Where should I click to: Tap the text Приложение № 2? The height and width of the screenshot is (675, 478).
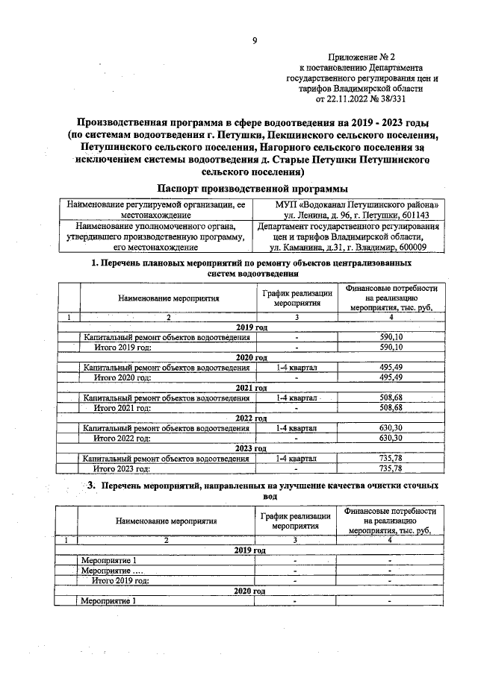pyautogui.click(x=361, y=56)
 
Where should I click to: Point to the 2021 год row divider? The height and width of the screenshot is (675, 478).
pyautogui.click(x=251, y=388)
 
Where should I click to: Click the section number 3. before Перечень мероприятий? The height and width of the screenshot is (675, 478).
pyautogui.click(x=93, y=486)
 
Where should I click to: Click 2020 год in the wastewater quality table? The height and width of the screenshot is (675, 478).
pyautogui.click(x=251, y=591)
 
